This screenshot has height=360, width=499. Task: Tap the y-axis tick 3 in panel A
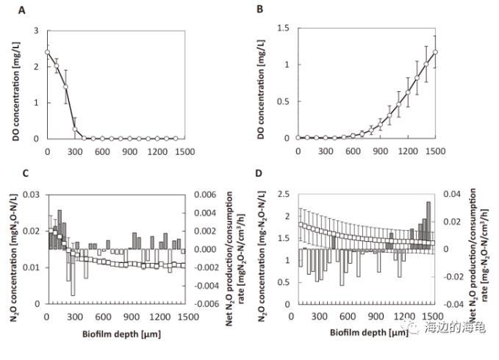pyautogui.click(x=38, y=31)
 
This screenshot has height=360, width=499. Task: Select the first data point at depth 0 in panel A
pyautogui.click(x=47, y=52)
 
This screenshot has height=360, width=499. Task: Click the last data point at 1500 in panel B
pyautogui.click(x=435, y=52)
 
